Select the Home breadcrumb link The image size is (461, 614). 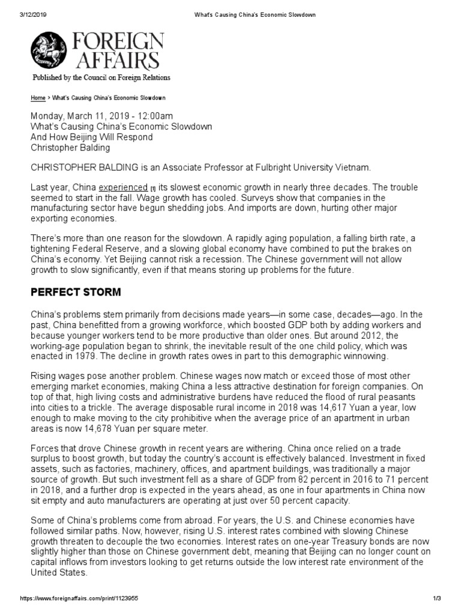pos(38,97)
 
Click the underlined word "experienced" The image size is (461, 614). pos(123,188)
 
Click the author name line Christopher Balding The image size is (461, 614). pos(71,148)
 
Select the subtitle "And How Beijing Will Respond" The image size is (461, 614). pos(92,137)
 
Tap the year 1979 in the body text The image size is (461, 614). pos(96,356)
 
